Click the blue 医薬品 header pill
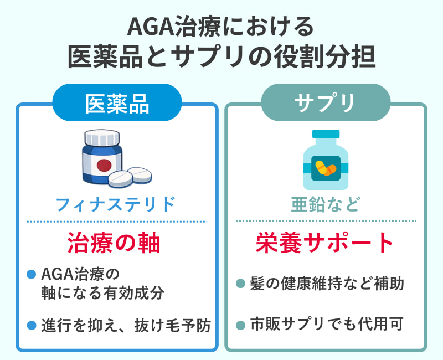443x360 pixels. coord(117,102)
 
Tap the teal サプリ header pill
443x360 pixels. coord(326,102)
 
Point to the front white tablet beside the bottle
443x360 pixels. coord(120,178)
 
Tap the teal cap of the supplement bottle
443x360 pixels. coord(326,134)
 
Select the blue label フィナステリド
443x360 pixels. coord(116,204)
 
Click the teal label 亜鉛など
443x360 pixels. coord(326,204)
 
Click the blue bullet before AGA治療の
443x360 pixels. coord(32,274)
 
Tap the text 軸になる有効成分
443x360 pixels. coord(103,293)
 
